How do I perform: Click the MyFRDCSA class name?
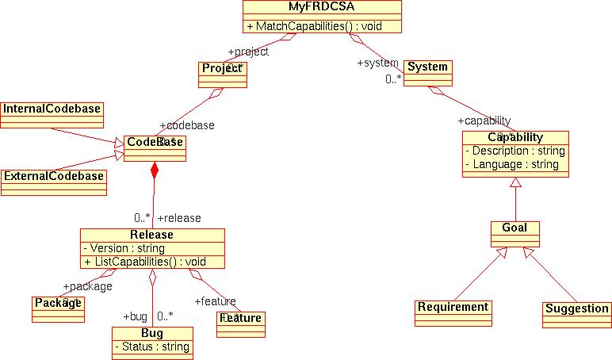point(322,8)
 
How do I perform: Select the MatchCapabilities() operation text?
point(315,26)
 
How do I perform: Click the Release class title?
point(151,235)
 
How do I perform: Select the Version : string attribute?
point(124,248)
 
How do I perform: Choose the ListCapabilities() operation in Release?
point(145,262)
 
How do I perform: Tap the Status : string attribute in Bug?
point(152,347)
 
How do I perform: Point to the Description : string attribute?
point(514,151)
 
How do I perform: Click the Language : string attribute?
point(511,164)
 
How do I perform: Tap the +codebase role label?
point(186,125)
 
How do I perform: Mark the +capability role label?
point(484,121)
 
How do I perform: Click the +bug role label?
point(135,316)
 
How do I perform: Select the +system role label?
point(378,63)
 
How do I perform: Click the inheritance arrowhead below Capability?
point(515,183)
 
